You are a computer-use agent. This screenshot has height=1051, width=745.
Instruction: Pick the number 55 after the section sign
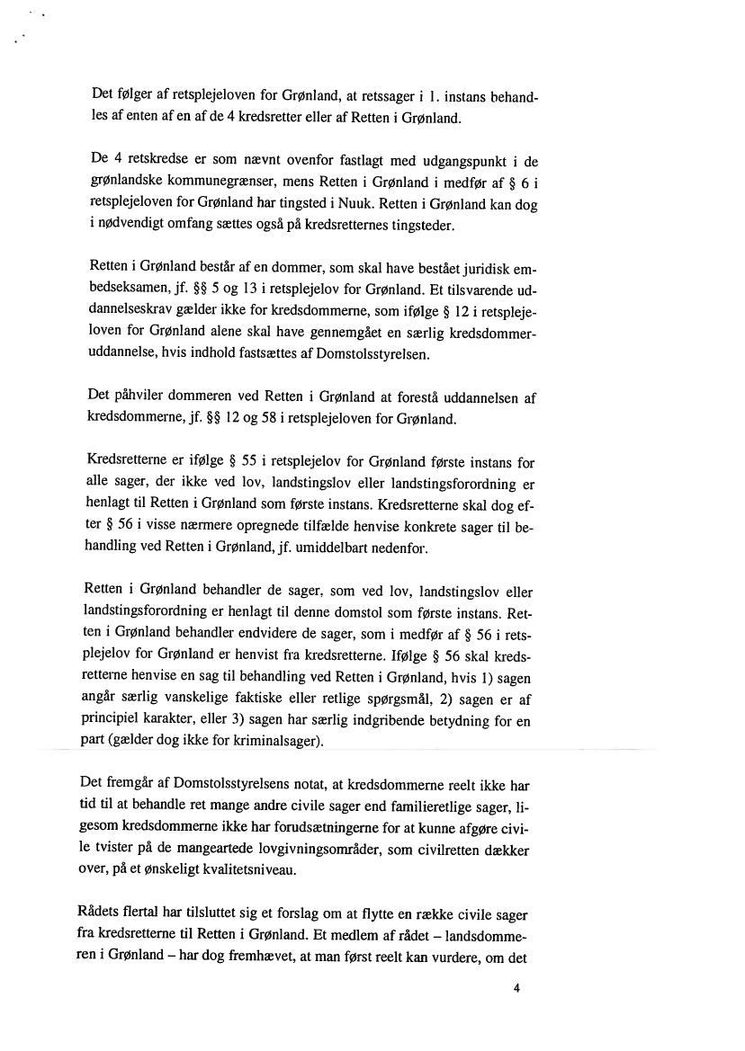coord(235,463)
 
